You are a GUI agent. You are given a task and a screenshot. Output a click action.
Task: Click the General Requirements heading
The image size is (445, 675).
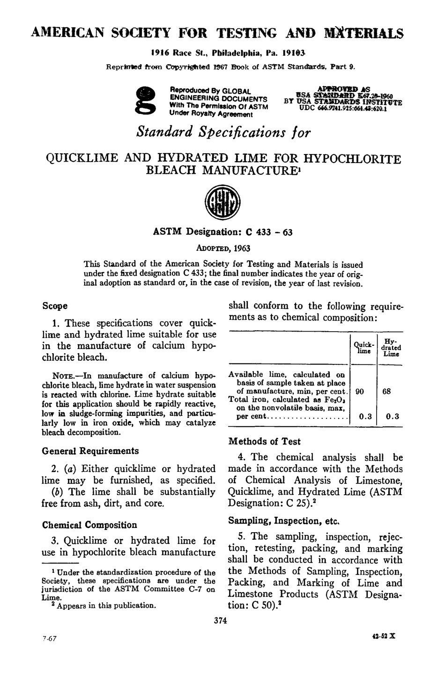90,451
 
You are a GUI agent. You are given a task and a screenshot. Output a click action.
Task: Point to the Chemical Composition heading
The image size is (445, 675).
89,525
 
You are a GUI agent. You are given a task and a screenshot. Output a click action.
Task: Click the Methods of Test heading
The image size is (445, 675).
264,441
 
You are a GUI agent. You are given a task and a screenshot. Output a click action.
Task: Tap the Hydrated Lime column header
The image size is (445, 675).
390,347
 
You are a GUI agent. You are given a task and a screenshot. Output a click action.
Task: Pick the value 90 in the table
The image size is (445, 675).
359,391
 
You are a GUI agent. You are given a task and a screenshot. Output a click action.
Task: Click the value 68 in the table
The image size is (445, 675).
386,391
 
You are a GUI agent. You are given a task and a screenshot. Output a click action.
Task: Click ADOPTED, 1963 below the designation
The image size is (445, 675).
222,249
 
